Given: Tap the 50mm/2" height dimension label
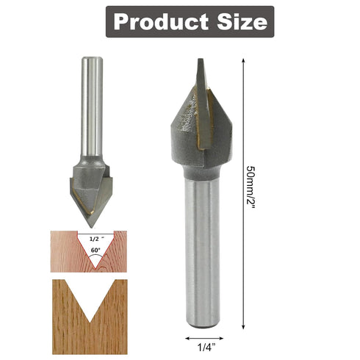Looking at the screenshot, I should pyautogui.click(x=253, y=190).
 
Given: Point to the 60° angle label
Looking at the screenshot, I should pyautogui.click(x=95, y=251).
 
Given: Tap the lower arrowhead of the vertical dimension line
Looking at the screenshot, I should pyautogui.click(x=242, y=325).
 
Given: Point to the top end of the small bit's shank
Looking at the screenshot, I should pyautogui.click(x=90, y=59).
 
